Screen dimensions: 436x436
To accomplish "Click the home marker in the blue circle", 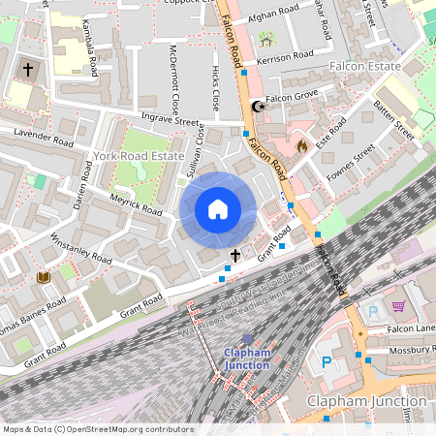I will [x=218, y=209].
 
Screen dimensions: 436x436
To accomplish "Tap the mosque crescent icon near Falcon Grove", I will [x=257, y=107].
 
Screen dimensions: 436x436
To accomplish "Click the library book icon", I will [x=43, y=278].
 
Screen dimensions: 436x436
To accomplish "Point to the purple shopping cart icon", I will [x=398, y=306].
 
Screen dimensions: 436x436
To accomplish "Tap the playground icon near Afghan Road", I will [x=266, y=38].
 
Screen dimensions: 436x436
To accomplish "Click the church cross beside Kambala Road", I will [x=28, y=71].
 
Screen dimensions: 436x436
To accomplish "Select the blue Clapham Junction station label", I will [x=245, y=358].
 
